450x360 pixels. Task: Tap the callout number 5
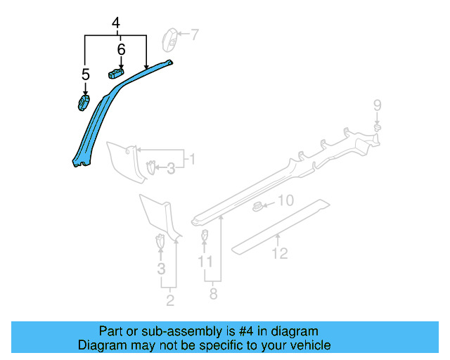pos(85,74)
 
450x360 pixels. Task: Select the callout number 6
pos(121,49)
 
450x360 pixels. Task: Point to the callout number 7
pos(195,33)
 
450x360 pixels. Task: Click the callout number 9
pos(377,105)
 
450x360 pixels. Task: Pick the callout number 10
pos(284,201)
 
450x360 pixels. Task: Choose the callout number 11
pos(205,261)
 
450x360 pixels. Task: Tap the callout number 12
pos(280,253)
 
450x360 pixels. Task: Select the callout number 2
pos(169,301)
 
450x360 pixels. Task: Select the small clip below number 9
pos(378,128)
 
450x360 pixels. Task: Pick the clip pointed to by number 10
pos(258,206)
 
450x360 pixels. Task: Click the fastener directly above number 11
pos(205,235)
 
